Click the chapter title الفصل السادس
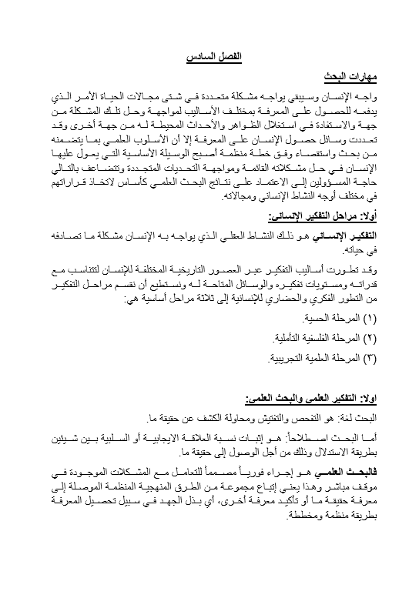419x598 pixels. click(209, 58)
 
